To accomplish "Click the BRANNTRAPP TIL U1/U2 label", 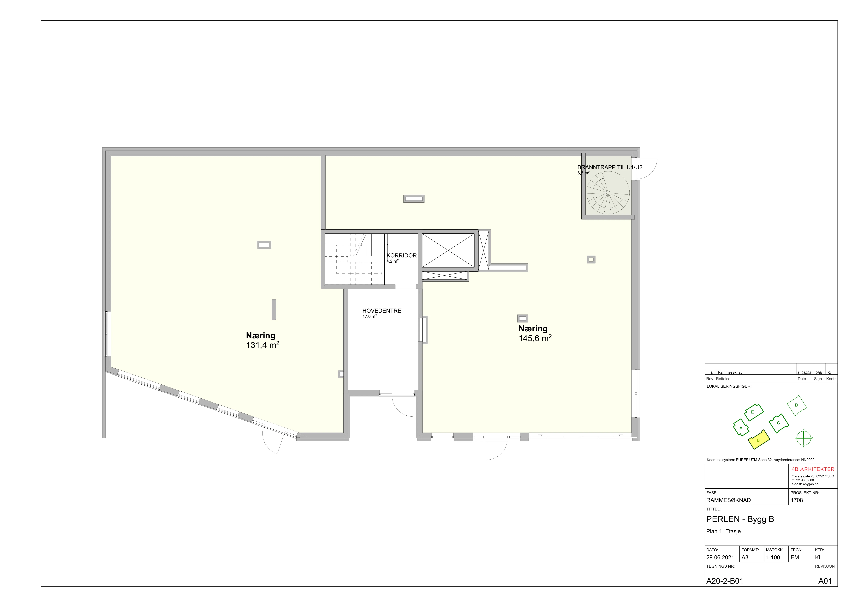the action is [x=610, y=167].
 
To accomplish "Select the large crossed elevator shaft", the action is [x=448, y=250].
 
